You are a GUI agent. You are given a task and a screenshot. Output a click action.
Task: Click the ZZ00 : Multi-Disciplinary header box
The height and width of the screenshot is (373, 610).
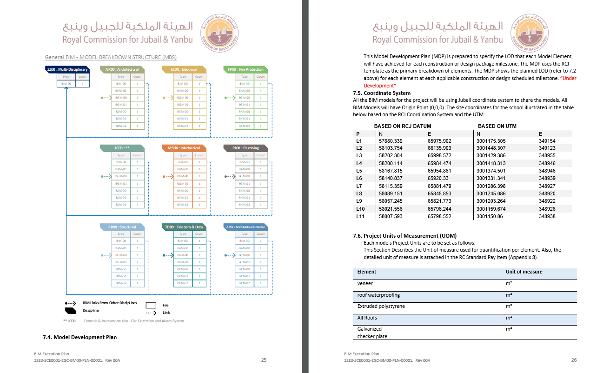[x=67, y=69]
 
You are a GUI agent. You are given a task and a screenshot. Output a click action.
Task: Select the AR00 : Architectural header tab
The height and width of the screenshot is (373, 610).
[x=122, y=69]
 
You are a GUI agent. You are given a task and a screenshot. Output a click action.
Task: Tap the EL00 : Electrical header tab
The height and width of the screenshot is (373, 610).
[x=184, y=69]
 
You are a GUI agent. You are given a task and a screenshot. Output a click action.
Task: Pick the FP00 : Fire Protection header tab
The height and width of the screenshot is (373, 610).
[x=245, y=69]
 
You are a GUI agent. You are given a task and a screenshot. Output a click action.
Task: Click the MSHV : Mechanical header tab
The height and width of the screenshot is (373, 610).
[x=184, y=148]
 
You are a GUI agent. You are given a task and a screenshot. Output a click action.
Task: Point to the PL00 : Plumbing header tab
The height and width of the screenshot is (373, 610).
[x=245, y=148]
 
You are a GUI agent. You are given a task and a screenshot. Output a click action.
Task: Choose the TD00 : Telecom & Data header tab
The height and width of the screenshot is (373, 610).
[x=184, y=227]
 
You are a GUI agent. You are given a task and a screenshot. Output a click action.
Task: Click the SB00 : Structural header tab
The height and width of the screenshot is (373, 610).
[x=122, y=227]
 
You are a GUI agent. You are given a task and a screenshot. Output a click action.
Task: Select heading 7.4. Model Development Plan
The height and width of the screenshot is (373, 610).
[x=80, y=337]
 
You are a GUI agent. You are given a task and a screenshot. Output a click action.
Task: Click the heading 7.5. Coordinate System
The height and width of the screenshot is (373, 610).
[x=382, y=93]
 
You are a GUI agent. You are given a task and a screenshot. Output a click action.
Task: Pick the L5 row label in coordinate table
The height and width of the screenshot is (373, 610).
[x=359, y=171]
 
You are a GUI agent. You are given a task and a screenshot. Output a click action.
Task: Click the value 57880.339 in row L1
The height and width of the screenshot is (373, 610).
[x=391, y=141]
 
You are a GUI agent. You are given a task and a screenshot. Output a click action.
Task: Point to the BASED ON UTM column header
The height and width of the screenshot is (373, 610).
[x=497, y=126]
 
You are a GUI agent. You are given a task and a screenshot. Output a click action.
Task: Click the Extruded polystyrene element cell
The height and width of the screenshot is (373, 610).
[x=381, y=306]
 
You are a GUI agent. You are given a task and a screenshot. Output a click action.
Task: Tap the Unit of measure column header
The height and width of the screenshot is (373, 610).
[x=524, y=272]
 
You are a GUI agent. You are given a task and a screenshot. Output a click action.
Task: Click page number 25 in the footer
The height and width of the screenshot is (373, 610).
[x=264, y=360]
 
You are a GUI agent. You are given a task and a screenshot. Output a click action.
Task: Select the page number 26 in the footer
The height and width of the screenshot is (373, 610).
[x=574, y=360]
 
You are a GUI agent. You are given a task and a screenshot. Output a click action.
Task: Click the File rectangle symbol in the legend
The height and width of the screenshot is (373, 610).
[x=151, y=306]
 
